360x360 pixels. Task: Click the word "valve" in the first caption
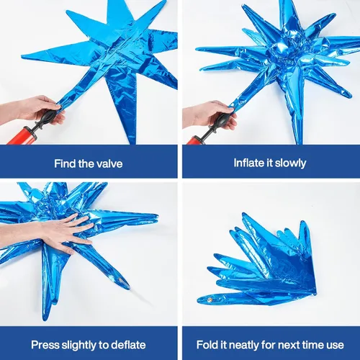[109, 163]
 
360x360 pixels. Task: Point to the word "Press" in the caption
[45, 345]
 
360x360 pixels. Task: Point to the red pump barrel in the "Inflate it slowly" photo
[197, 140]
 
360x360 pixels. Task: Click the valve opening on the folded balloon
[210, 300]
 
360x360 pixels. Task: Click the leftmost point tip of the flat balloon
[22, 57]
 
